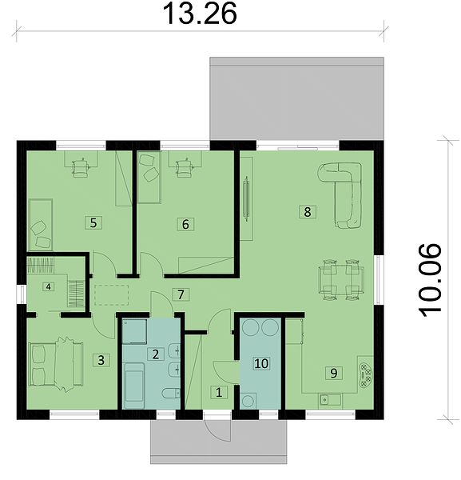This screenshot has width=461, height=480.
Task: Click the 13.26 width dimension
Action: click(x=201, y=14)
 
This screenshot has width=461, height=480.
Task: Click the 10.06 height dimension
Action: click(x=430, y=281)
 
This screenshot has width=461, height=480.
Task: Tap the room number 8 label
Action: click(x=308, y=212)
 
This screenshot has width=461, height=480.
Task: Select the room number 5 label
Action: click(x=93, y=222)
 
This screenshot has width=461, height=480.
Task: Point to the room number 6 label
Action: click(x=185, y=224)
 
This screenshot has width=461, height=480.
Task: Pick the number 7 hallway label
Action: click(x=181, y=294)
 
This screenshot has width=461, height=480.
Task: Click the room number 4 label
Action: click(x=48, y=287)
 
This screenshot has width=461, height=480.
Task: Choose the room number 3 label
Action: click(x=101, y=360)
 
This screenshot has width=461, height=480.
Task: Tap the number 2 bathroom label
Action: click(x=156, y=354)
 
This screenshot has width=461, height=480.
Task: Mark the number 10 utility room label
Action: click(x=261, y=364)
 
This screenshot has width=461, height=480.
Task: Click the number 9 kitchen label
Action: click(x=334, y=373)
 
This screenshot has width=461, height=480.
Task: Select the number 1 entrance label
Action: click(x=219, y=392)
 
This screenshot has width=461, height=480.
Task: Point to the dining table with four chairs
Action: click(x=341, y=279)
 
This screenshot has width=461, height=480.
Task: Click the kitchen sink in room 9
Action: click(x=330, y=399)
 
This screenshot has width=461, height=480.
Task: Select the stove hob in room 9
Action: click(x=366, y=376)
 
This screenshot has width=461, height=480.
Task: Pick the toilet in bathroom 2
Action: click(x=171, y=394)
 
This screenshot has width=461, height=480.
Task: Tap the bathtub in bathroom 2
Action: click(x=134, y=386)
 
